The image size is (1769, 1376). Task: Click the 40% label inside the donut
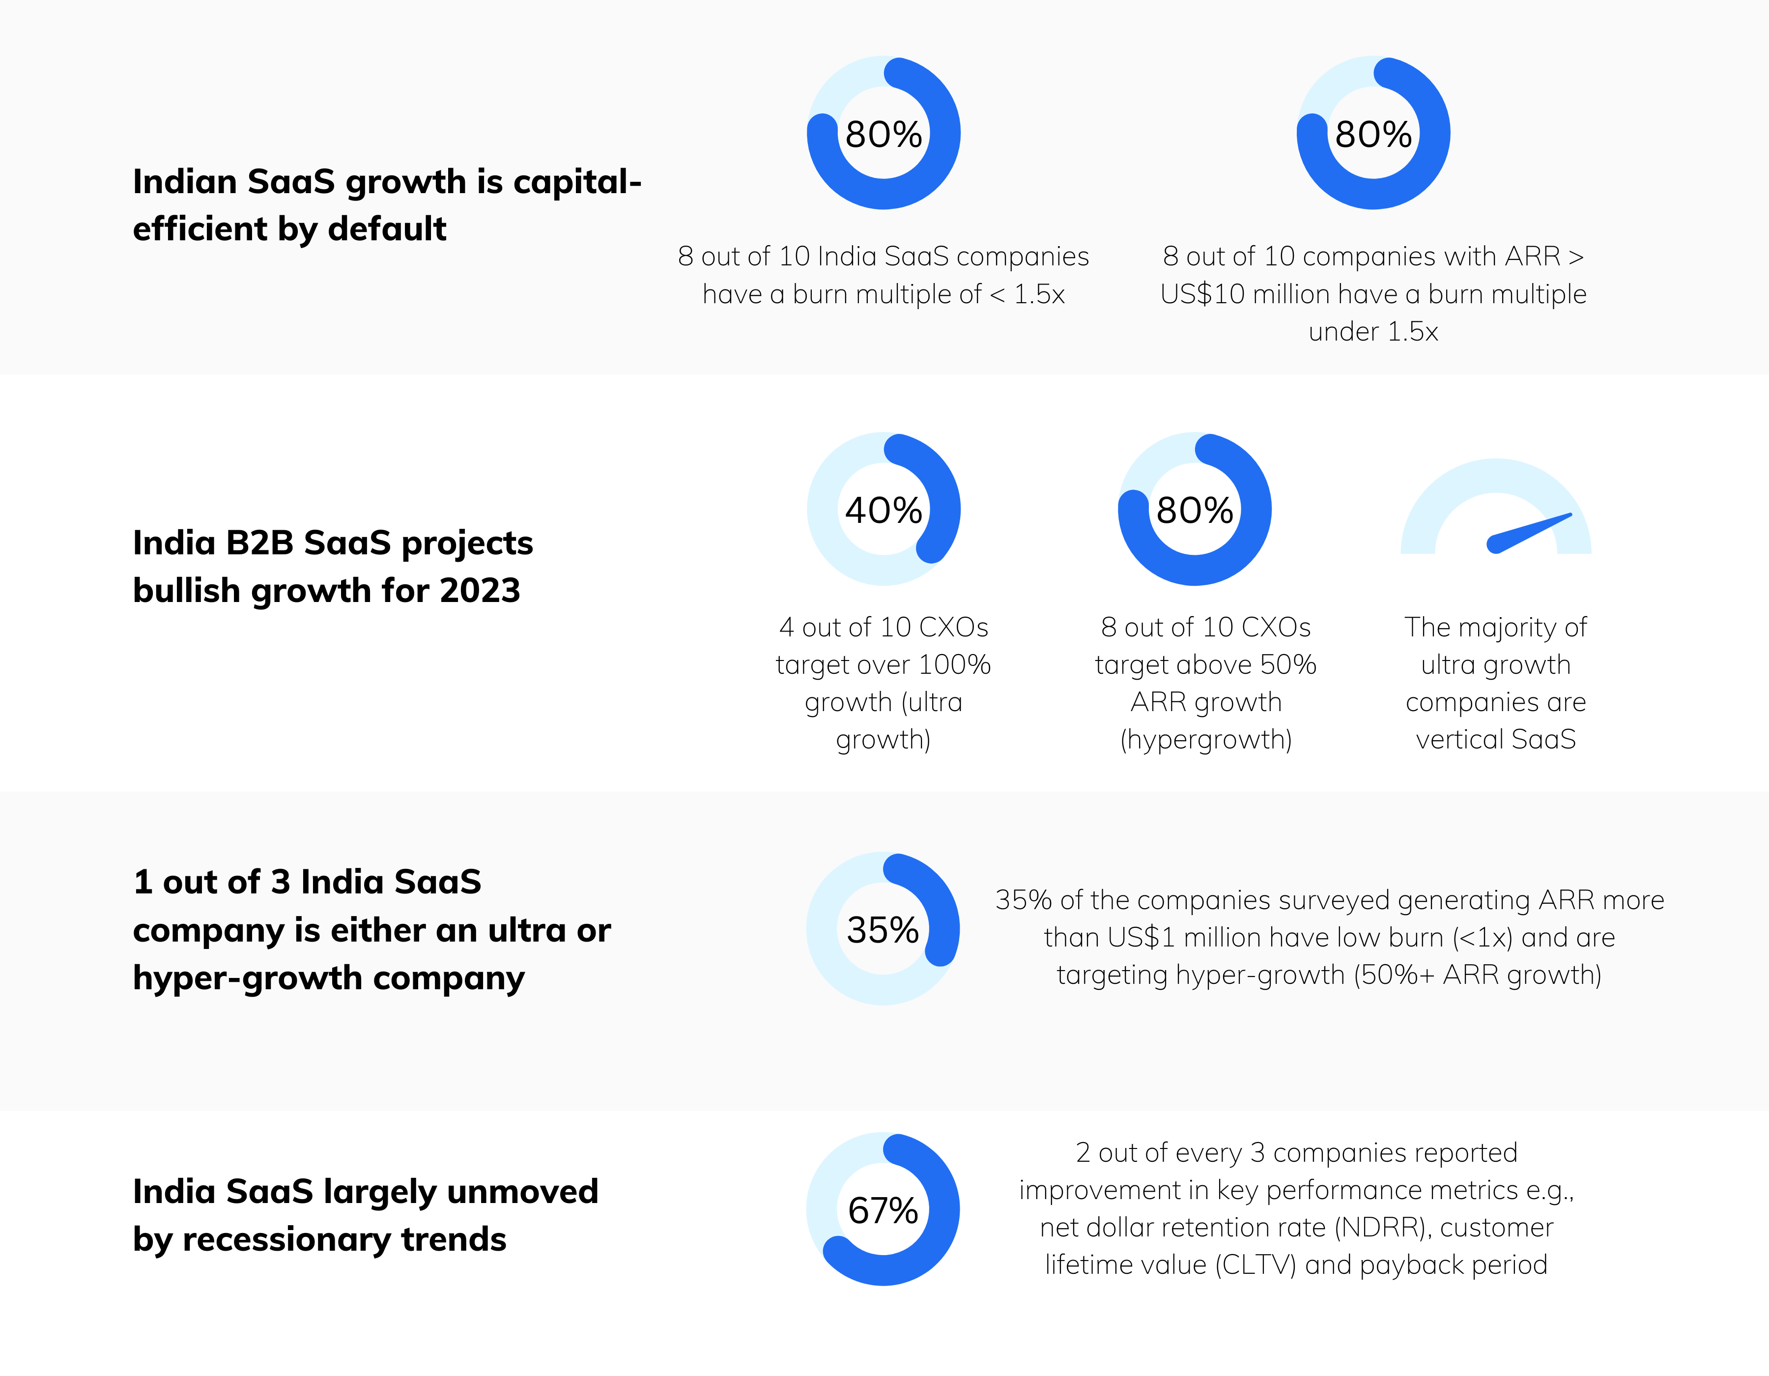click(883, 510)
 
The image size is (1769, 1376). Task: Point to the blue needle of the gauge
click(1529, 533)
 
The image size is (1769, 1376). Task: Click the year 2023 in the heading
click(480, 590)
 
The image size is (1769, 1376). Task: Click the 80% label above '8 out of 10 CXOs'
click(1194, 510)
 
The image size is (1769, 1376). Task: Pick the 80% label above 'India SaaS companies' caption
click(883, 135)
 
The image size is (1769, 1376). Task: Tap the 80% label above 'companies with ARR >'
click(1373, 135)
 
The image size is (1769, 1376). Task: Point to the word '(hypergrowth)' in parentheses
click(1205, 740)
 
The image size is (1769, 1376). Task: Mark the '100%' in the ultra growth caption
click(954, 665)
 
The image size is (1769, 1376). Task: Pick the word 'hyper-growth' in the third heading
click(248, 978)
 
